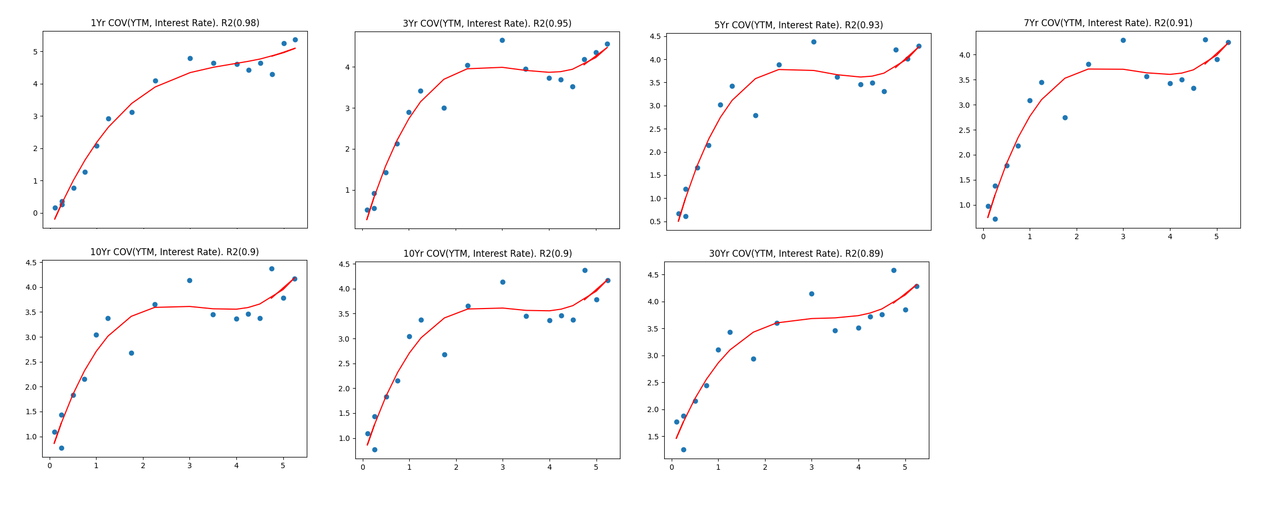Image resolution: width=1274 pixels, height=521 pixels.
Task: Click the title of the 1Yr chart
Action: coord(175,23)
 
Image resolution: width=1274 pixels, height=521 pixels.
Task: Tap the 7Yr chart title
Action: coord(1108,23)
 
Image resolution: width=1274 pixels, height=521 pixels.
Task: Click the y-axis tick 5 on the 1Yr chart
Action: coord(35,52)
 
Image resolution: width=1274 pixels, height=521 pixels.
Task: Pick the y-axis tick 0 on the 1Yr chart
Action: coord(35,213)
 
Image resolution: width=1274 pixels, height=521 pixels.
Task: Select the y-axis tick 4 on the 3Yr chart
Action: coord(347,67)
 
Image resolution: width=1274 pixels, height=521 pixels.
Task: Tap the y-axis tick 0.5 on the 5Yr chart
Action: coord(655,222)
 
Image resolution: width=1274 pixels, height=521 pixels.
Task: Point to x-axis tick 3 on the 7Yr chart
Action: coord(1123,236)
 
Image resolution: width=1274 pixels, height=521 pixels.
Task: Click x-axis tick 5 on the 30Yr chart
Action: coord(905,467)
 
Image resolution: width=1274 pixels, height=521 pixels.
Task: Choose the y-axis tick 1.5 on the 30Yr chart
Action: coord(654,437)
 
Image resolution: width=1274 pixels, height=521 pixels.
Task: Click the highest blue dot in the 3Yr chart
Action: coord(502,40)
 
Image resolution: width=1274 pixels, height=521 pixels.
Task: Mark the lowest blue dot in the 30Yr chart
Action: coord(683,449)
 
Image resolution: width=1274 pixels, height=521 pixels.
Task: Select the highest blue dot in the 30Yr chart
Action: coord(894,270)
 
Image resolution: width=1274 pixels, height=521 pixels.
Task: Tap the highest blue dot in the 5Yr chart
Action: coord(814,42)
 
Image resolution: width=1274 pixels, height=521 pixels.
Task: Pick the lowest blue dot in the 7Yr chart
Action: coord(995,219)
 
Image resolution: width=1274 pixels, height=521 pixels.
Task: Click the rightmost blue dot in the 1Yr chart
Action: coord(295,40)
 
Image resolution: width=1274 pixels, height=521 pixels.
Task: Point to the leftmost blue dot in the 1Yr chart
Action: coord(55,208)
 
